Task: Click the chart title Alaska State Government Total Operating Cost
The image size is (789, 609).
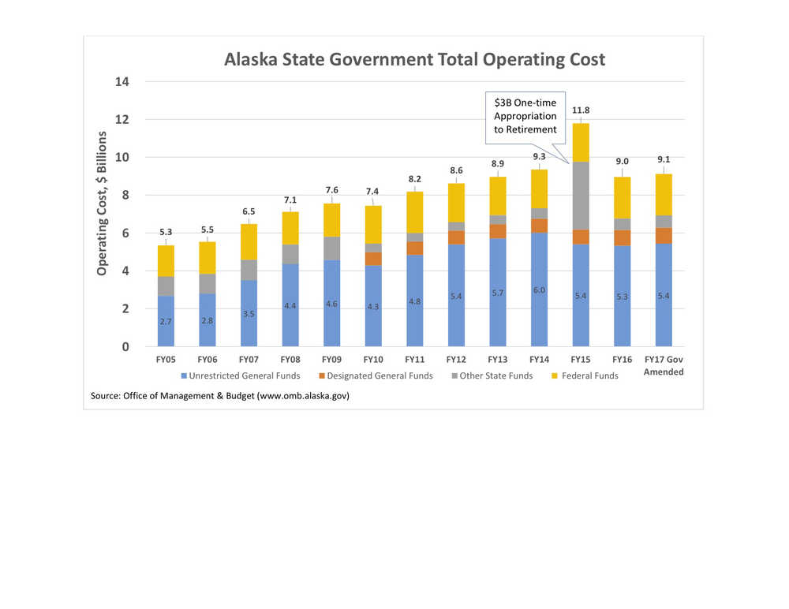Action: point(414,60)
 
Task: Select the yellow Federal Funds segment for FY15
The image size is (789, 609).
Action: point(581,142)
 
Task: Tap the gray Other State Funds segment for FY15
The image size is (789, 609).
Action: point(581,196)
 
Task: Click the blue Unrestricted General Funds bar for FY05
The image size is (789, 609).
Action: point(166,321)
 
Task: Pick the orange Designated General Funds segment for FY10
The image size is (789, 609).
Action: point(372,259)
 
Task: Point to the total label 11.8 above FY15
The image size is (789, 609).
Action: point(581,110)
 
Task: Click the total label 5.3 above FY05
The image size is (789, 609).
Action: point(166,232)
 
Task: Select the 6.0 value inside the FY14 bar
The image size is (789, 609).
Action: point(539,290)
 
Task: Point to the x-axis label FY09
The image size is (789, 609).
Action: point(331,359)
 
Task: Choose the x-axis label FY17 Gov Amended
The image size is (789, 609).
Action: point(664,365)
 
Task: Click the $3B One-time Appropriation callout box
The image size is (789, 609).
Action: point(525,116)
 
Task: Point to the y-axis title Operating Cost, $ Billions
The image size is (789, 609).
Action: point(102,204)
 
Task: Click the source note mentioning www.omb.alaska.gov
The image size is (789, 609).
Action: point(220,396)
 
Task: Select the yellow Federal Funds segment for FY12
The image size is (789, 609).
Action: point(456,202)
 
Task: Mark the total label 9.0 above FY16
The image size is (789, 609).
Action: point(623,162)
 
